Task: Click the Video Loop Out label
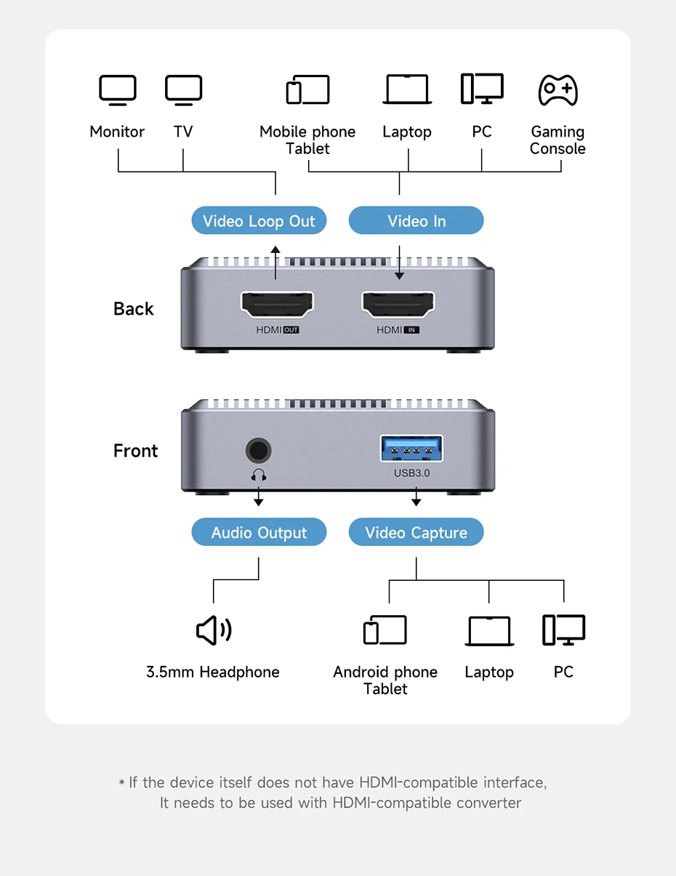(259, 221)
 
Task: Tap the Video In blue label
(416, 221)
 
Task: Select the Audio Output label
(259, 533)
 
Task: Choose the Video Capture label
(416, 533)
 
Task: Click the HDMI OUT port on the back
(277, 305)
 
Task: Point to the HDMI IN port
(398, 305)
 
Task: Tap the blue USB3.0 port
(411, 449)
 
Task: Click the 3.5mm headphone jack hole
(257, 450)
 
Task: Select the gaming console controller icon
(558, 89)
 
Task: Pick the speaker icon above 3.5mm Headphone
(214, 630)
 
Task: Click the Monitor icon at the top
(117, 90)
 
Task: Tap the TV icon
(183, 90)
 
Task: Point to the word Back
(134, 309)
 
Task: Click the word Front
(135, 451)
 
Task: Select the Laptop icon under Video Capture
(489, 631)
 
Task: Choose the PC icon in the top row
(482, 89)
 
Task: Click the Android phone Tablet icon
(385, 630)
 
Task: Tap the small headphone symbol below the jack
(259, 475)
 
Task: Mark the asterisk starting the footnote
(121, 783)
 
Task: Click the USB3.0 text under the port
(412, 473)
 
